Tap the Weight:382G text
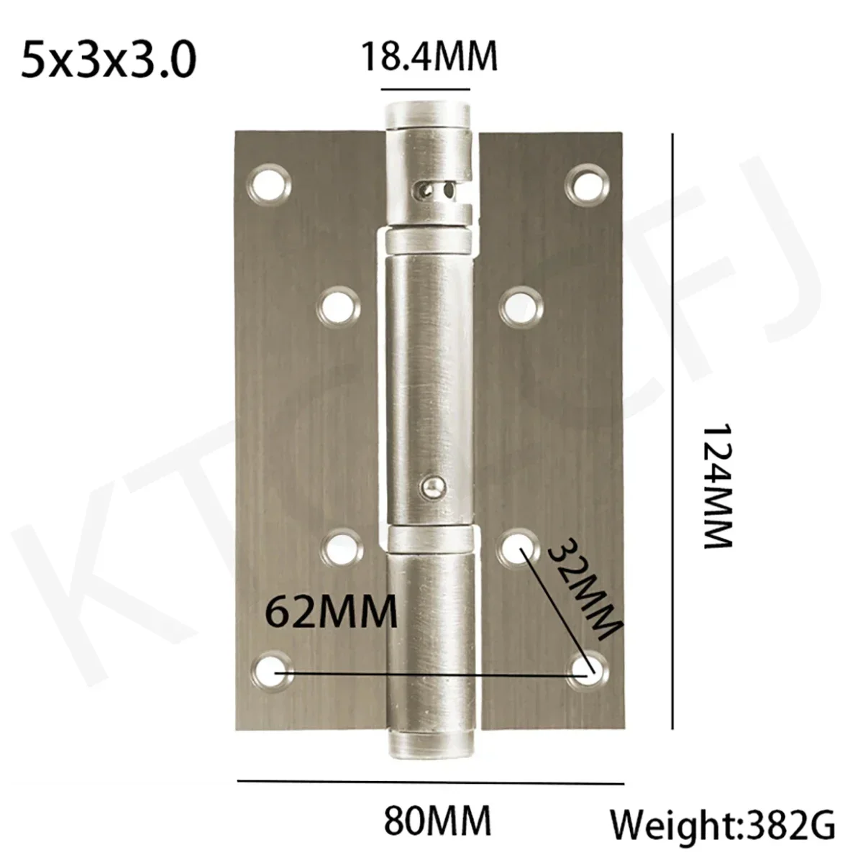(x=723, y=824)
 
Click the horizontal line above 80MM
(x=430, y=782)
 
